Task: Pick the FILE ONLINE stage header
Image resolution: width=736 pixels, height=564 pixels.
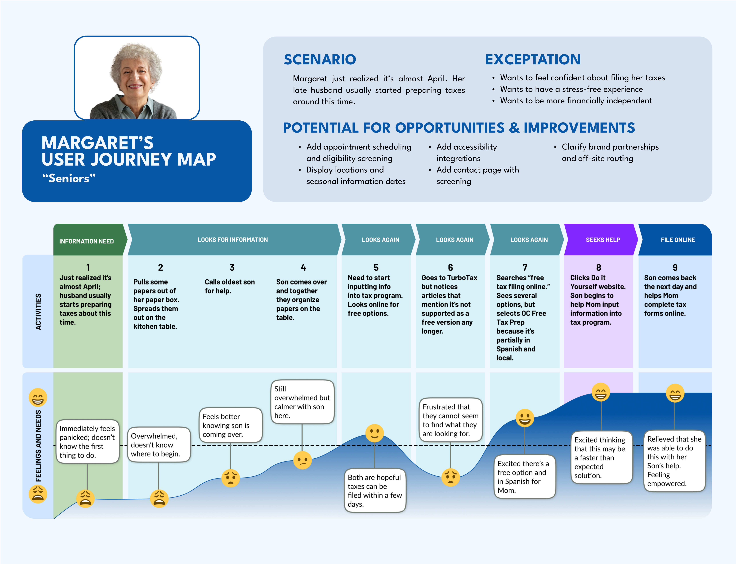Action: click(678, 240)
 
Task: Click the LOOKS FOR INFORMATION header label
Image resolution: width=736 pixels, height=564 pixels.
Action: click(233, 240)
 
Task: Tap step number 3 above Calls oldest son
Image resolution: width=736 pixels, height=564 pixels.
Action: click(232, 267)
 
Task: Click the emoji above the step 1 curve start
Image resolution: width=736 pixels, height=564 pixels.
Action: click(85, 498)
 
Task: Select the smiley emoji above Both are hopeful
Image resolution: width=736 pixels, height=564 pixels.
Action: click(375, 433)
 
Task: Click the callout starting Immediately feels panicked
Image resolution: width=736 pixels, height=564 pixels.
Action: click(87, 442)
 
